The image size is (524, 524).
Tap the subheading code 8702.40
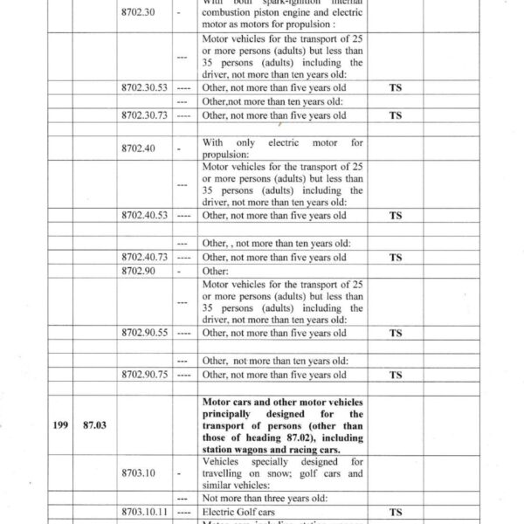coord(139,148)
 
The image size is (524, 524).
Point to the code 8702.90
coord(139,272)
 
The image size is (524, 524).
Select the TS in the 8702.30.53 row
coord(396,89)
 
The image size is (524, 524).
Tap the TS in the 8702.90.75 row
coord(396,375)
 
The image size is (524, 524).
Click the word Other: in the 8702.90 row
coord(215,272)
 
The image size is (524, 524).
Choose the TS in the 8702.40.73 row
coord(396,258)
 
